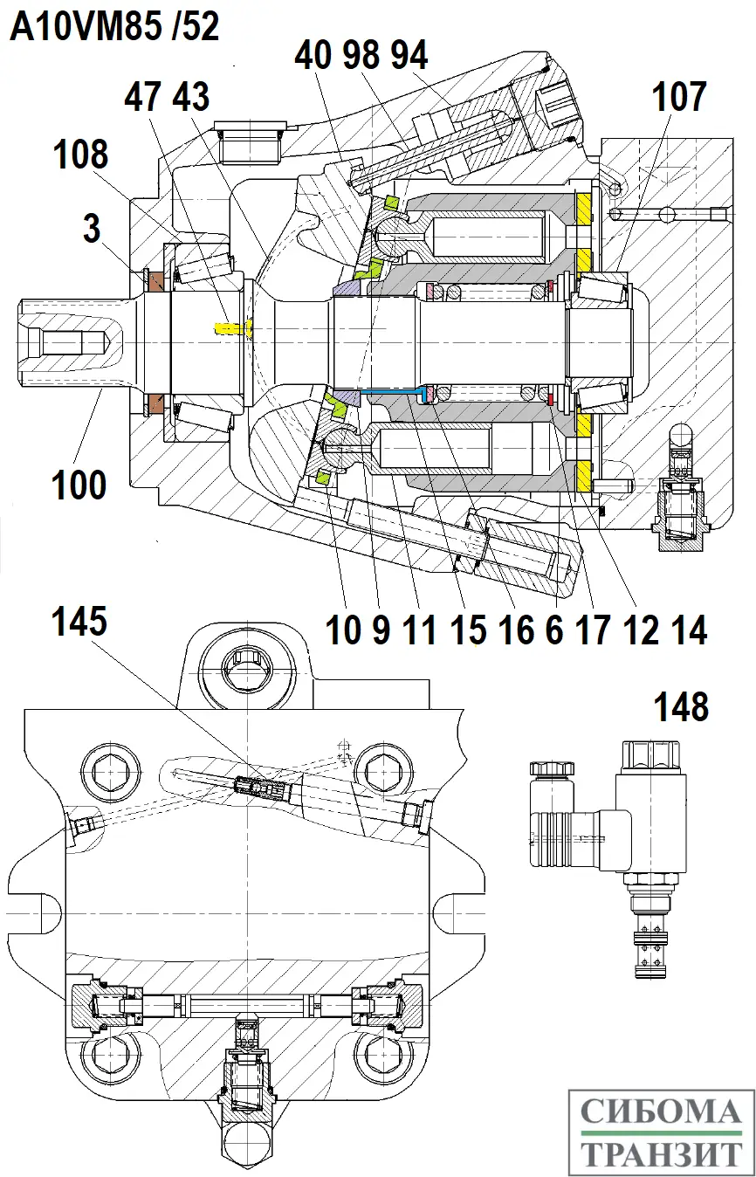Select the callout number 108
coord(80,155)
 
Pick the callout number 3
coord(92,229)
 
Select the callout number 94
coord(408,56)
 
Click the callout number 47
coord(144,97)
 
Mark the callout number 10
coord(342,630)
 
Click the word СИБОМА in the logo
coord(660,1112)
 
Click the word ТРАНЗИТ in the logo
coord(660,1153)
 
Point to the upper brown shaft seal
coord(157,282)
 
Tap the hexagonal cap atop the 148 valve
coord(650,753)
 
